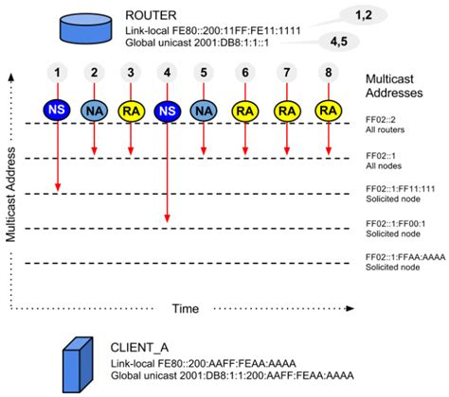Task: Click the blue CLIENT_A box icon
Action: click(77, 360)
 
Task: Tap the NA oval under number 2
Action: click(94, 110)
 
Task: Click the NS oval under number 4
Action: click(168, 110)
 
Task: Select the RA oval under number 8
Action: click(329, 110)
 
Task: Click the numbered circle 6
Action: click(244, 73)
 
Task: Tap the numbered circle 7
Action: click(287, 73)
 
